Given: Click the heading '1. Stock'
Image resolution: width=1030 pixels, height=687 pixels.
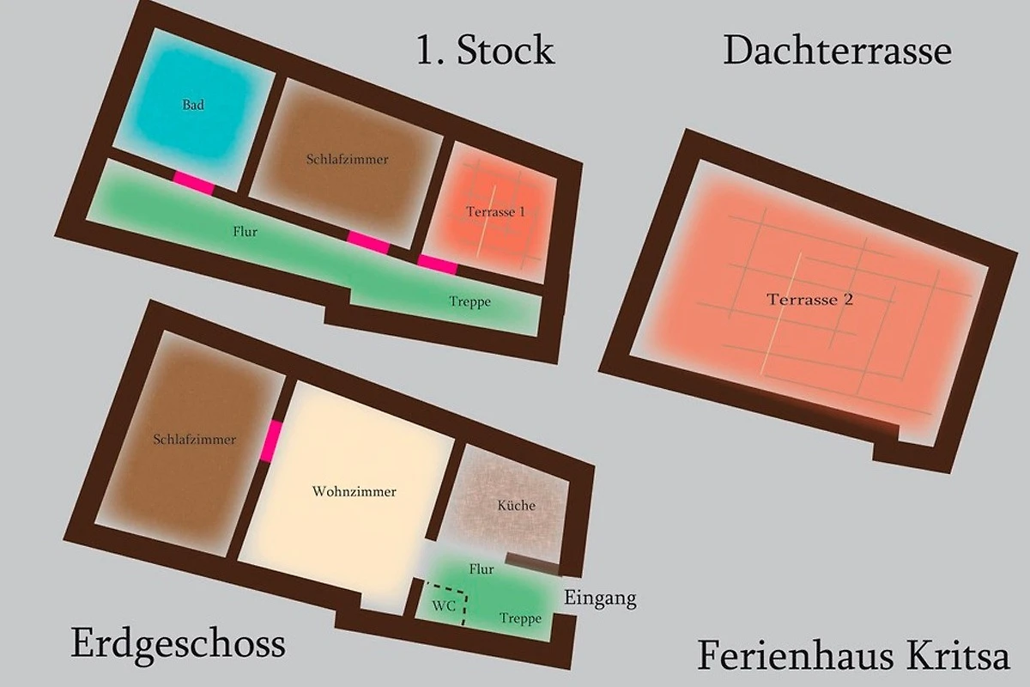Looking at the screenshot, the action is click(x=485, y=50).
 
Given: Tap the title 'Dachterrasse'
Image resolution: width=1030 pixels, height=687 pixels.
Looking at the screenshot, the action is click(x=838, y=50).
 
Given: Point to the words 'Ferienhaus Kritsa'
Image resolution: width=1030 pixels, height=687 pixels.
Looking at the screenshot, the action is click(x=853, y=655).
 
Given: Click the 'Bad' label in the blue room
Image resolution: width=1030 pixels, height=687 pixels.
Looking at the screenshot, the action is click(x=193, y=105).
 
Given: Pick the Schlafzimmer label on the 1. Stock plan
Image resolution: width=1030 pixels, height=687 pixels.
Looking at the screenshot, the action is click(x=348, y=160).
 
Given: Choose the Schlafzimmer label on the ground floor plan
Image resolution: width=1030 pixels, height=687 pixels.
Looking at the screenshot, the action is click(x=195, y=440).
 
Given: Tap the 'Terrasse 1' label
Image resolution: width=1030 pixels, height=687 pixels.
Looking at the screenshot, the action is click(x=495, y=211).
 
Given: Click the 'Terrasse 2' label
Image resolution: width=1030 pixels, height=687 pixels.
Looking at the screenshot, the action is click(x=809, y=300).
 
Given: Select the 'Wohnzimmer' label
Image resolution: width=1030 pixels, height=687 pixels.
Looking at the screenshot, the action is click(x=354, y=491).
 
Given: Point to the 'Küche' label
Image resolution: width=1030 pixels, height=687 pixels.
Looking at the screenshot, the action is click(x=517, y=505).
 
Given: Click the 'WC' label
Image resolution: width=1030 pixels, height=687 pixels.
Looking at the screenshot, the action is click(x=444, y=606).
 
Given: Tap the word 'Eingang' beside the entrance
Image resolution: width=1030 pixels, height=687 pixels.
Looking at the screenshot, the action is click(x=600, y=599).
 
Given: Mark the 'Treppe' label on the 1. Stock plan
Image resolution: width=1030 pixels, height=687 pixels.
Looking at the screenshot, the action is click(x=470, y=302).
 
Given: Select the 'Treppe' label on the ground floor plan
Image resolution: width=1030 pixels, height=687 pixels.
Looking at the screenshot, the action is click(x=520, y=619).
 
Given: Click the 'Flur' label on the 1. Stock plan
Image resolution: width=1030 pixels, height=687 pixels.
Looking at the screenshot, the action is click(x=245, y=232).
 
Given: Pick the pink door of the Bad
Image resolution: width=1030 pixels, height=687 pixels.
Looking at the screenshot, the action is click(x=194, y=182).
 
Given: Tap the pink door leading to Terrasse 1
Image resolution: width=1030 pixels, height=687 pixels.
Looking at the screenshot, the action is click(x=437, y=265).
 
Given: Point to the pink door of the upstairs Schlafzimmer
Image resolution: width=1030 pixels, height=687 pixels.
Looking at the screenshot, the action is click(x=368, y=242).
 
